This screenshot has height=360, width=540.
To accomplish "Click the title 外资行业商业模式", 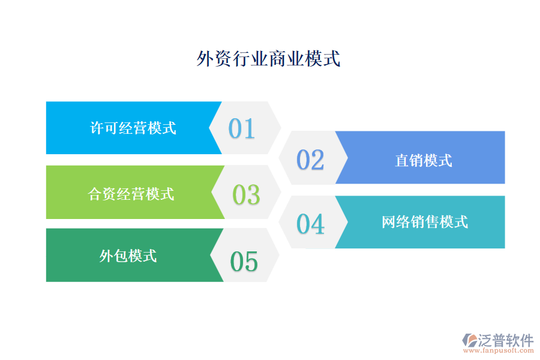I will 269,59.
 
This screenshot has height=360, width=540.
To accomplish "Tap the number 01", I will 242,128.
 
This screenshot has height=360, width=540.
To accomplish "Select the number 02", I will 310,160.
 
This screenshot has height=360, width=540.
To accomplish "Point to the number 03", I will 246,195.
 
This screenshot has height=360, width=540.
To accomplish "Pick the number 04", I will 310,224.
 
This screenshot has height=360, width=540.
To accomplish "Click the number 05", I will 244,262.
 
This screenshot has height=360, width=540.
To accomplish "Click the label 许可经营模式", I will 133,128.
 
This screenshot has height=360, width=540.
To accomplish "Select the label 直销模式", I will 424,160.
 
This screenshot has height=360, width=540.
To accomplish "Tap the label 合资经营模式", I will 131,194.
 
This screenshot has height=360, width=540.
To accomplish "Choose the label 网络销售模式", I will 425,222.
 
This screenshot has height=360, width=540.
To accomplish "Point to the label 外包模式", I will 128,256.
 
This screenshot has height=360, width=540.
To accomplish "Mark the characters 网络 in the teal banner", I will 396,222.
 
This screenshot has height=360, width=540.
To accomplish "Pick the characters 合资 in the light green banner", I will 103,194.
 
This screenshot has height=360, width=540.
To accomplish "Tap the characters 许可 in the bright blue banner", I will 104,128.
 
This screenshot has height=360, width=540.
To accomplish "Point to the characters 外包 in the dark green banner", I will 113,256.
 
